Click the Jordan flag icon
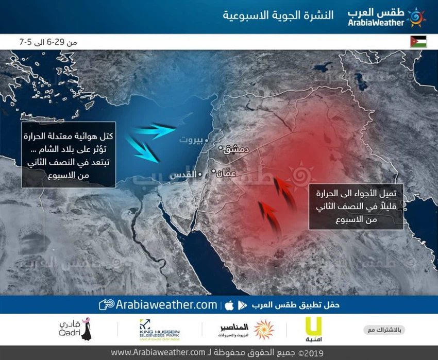418,42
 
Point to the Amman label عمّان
227,174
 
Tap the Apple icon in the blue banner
228,305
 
